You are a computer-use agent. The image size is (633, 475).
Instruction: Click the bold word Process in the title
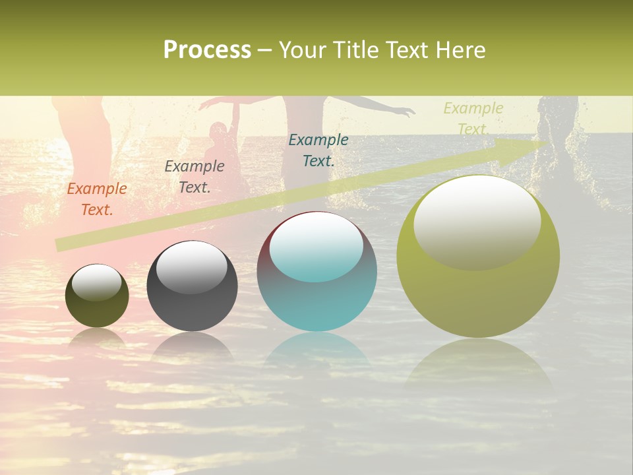click(x=207, y=50)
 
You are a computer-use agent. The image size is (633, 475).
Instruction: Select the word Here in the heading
click(x=460, y=50)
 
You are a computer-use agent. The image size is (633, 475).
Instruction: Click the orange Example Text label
click(x=97, y=199)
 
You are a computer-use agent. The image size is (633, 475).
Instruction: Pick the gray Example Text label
click(x=195, y=177)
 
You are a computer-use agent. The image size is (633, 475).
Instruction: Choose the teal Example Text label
click(x=318, y=150)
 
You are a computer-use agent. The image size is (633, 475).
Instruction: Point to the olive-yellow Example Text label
click(x=473, y=119)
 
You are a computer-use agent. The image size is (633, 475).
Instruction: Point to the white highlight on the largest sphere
click(x=477, y=221)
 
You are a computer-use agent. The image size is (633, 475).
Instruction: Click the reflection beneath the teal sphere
click(x=317, y=350)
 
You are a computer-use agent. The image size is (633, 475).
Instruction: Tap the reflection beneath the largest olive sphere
click(x=478, y=363)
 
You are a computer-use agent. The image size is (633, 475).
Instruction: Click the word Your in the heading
click(x=301, y=50)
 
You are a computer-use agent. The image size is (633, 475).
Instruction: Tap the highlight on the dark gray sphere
click(x=192, y=267)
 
